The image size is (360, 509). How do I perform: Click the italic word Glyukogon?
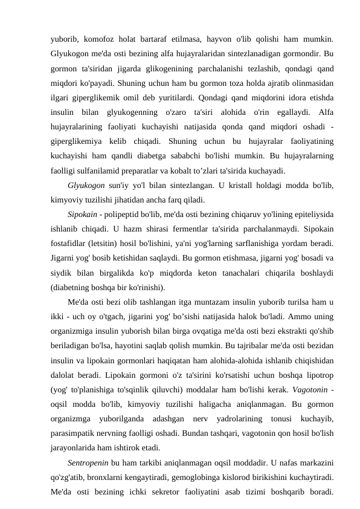tap(88, 185)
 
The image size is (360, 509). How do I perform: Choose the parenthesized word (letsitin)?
tap(104, 244)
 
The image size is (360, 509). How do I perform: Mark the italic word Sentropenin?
tap(88, 464)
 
